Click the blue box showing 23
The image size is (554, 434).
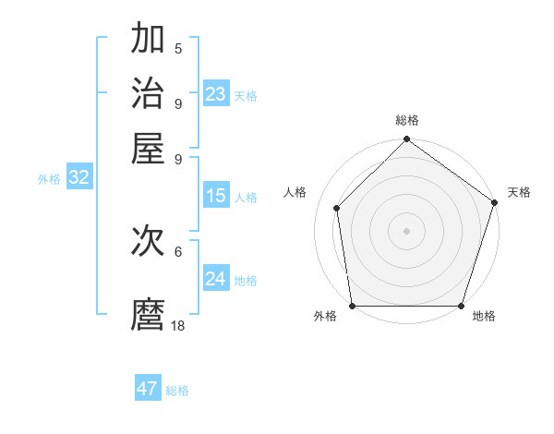point(216,94)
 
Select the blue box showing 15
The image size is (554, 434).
point(216,196)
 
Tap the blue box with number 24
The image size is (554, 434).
point(216,279)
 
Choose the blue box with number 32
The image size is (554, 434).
point(79,178)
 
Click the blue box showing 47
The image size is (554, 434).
point(148,389)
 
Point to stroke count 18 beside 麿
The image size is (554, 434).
point(178,326)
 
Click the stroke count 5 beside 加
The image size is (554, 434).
point(178,49)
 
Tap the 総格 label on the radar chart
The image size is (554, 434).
point(407,120)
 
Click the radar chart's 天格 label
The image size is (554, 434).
point(519,192)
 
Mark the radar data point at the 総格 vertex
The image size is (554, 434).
point(407,140)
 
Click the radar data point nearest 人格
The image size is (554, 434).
point(337,208)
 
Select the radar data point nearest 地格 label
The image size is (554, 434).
point(462,305)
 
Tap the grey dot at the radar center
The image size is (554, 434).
point(407,230)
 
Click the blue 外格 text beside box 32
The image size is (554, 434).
point(49,179)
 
